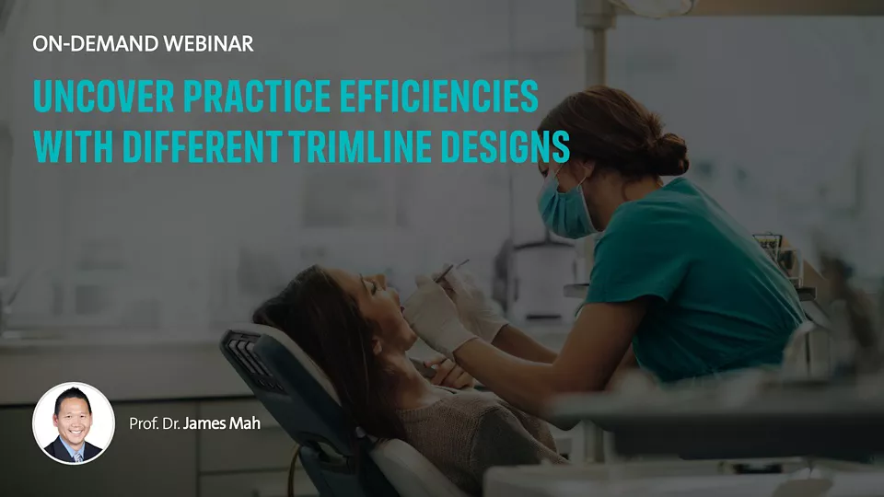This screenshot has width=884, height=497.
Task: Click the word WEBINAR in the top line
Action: [x=209, y=44]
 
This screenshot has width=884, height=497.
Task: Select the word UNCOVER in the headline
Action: [x=104, y=97]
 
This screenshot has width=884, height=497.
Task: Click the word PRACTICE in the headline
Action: [x=257, y=97]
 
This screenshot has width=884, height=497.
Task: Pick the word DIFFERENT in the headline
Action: [x=203, y=146]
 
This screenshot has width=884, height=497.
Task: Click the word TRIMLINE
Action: [x=361, y=146]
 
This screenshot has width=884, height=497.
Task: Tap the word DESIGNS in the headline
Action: [x=506, y=146]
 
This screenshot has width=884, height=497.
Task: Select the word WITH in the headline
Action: [x=74, y=146]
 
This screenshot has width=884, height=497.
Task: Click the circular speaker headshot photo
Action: [x=74, y=423]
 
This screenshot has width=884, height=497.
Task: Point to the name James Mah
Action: [x=222, y=423]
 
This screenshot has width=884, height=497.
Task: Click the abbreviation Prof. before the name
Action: [x=144, y=423]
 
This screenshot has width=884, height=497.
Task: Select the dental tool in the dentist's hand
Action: [x=451, y=272]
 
